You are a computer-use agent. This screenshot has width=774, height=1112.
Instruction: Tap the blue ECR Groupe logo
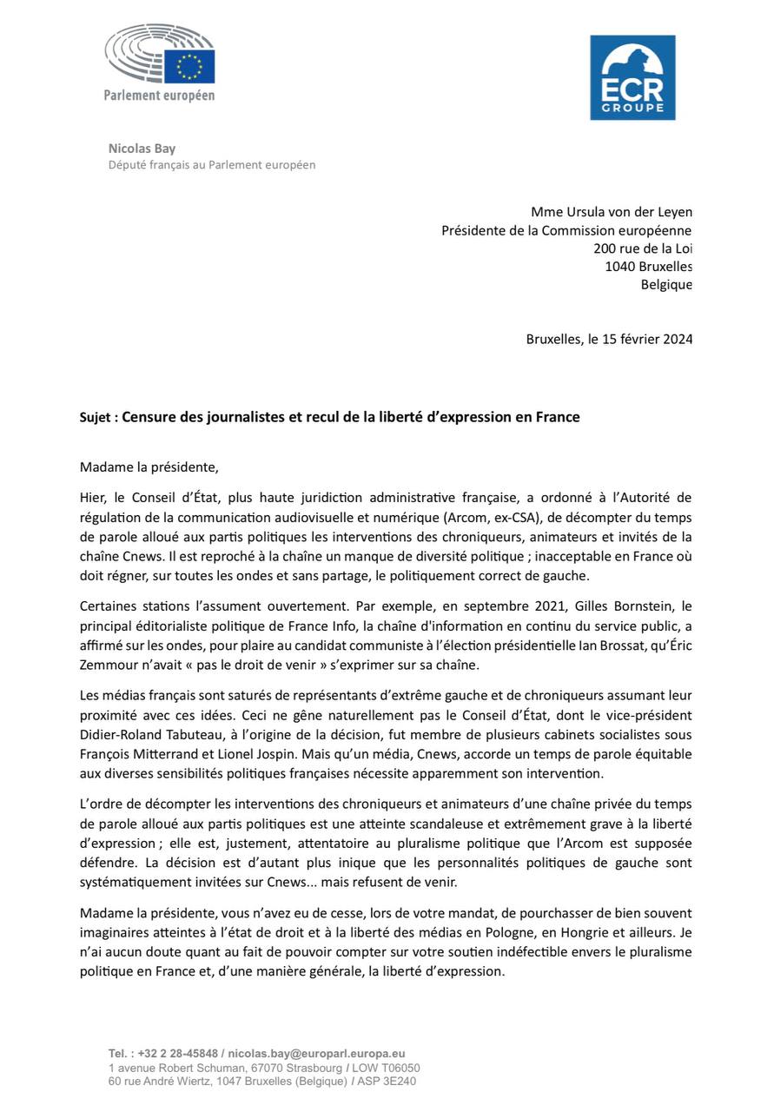(632, 77)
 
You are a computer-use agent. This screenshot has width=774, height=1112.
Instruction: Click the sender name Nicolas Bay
(142, 149)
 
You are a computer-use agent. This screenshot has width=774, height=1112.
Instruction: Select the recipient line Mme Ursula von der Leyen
(612, 212)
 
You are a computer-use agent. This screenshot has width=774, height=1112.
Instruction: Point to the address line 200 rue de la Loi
(643, 248)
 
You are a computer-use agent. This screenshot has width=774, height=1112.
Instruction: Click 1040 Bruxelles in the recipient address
(649, 267)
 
